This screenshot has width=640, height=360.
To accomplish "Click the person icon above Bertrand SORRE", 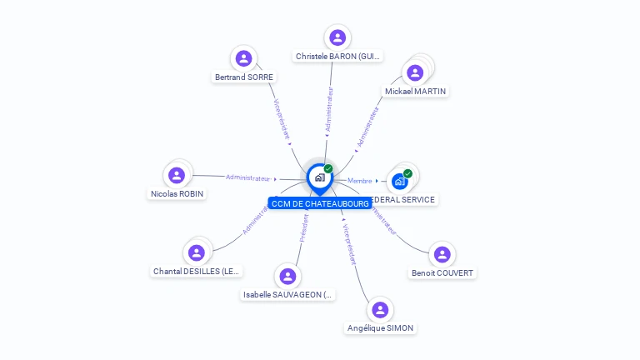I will pyautogui.click(x=243, y=58).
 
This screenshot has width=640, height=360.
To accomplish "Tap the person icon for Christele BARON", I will pyautogui.click(x=337, y=37).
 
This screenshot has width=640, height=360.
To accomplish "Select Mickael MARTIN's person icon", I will pyautogui.click(x=415, y=72).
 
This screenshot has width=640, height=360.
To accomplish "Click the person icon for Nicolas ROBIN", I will pyautogui.click(x=176, y=175).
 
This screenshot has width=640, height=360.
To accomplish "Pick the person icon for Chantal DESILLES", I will pyautogui.click(x=197, y=252).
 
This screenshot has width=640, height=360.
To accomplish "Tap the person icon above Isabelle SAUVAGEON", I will pyautogui.click(x=287, y=276).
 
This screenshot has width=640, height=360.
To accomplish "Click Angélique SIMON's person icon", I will pyautogui.click(x=380, y=309).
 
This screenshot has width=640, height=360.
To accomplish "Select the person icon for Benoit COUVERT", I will pyautogui.click(x=442, y=254).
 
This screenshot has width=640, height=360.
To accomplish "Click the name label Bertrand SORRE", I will pyautogui.click(x=244, y=77).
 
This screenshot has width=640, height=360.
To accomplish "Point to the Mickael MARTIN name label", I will pyautogui.click(x=415, y=91).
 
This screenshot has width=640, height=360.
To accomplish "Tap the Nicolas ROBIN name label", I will pyautogui.click(x=177, y=194).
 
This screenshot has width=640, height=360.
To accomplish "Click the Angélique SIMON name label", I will pyautogui.click(x=380, y=328).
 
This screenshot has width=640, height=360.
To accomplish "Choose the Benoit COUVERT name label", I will pyautogui.click(x=442, y=273).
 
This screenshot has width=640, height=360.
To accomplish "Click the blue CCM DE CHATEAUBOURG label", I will pyautogui.click(x=320, y=203).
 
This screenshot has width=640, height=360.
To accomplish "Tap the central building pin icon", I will pyautogui.click(x=319, y=177).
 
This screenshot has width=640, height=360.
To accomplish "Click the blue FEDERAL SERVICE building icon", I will pyautogui.click(x=400, y=181).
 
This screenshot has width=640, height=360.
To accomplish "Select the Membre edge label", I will pyautogui.click(x=360, y=181).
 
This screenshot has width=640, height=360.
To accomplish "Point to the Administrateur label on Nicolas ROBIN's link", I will pyautogui.click(x=248, y=177).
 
